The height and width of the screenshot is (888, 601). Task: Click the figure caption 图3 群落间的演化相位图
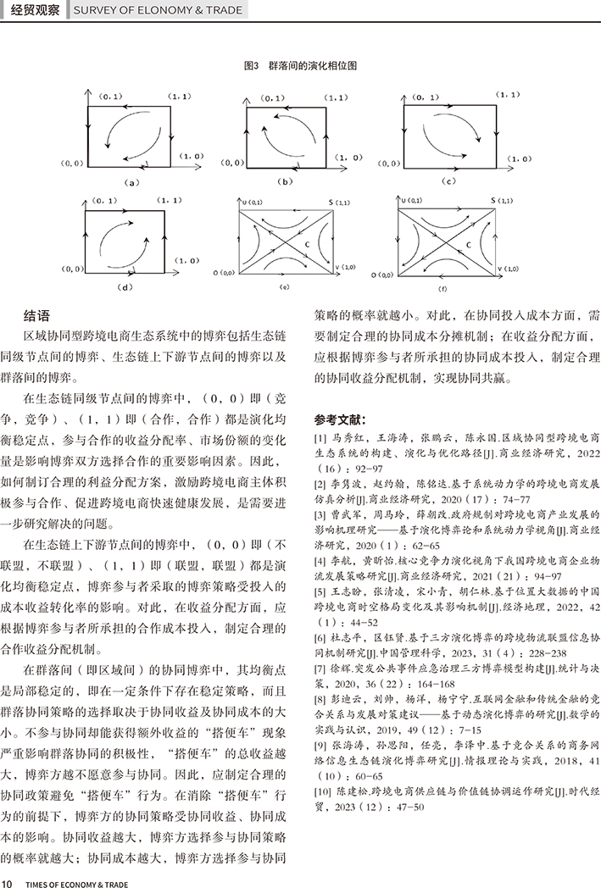299,65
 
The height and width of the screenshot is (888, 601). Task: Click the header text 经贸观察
30,11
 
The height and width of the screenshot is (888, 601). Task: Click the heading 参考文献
341,419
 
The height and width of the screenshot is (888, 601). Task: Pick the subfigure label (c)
450,181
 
